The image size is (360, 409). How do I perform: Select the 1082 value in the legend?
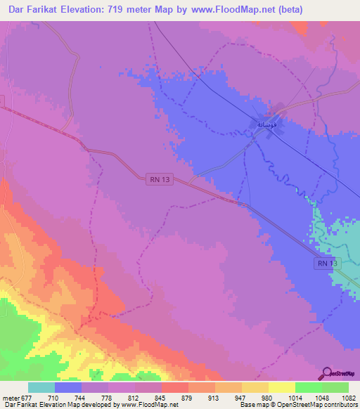348,398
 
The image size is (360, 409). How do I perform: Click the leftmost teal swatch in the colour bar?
41,387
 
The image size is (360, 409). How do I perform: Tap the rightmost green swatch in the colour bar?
335,387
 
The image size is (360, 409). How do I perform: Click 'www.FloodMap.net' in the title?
256,10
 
